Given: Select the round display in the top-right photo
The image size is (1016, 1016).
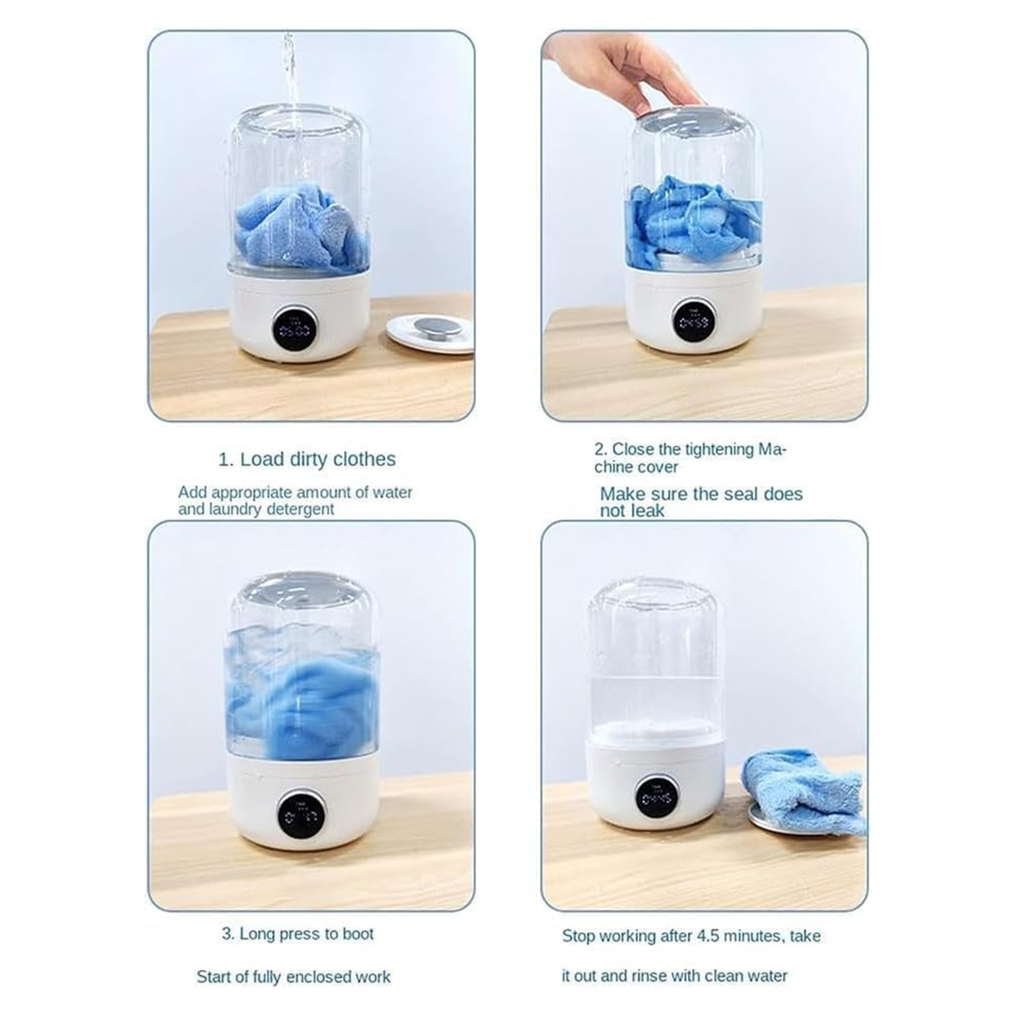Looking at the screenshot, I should (693, 321).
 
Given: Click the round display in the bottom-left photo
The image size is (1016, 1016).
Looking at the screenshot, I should (300, 811).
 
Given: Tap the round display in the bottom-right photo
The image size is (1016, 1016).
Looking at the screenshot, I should (657, 797).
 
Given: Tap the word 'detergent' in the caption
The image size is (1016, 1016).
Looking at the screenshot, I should (295, 510).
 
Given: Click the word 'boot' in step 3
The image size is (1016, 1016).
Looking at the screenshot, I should (357, 934).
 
